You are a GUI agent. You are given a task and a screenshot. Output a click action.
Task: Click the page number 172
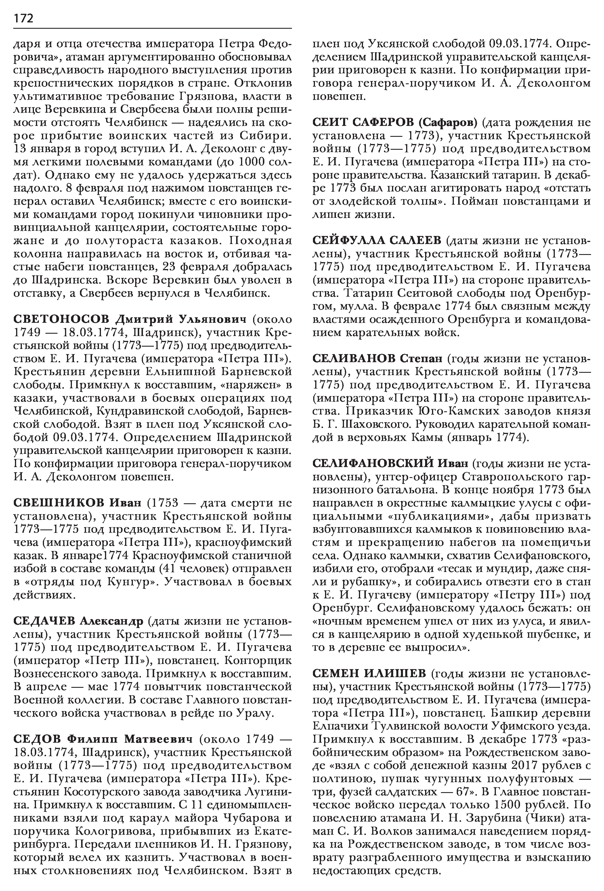click(x=23, y=18)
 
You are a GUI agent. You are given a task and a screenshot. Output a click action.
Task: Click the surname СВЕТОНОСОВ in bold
click(x=61, y=319)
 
